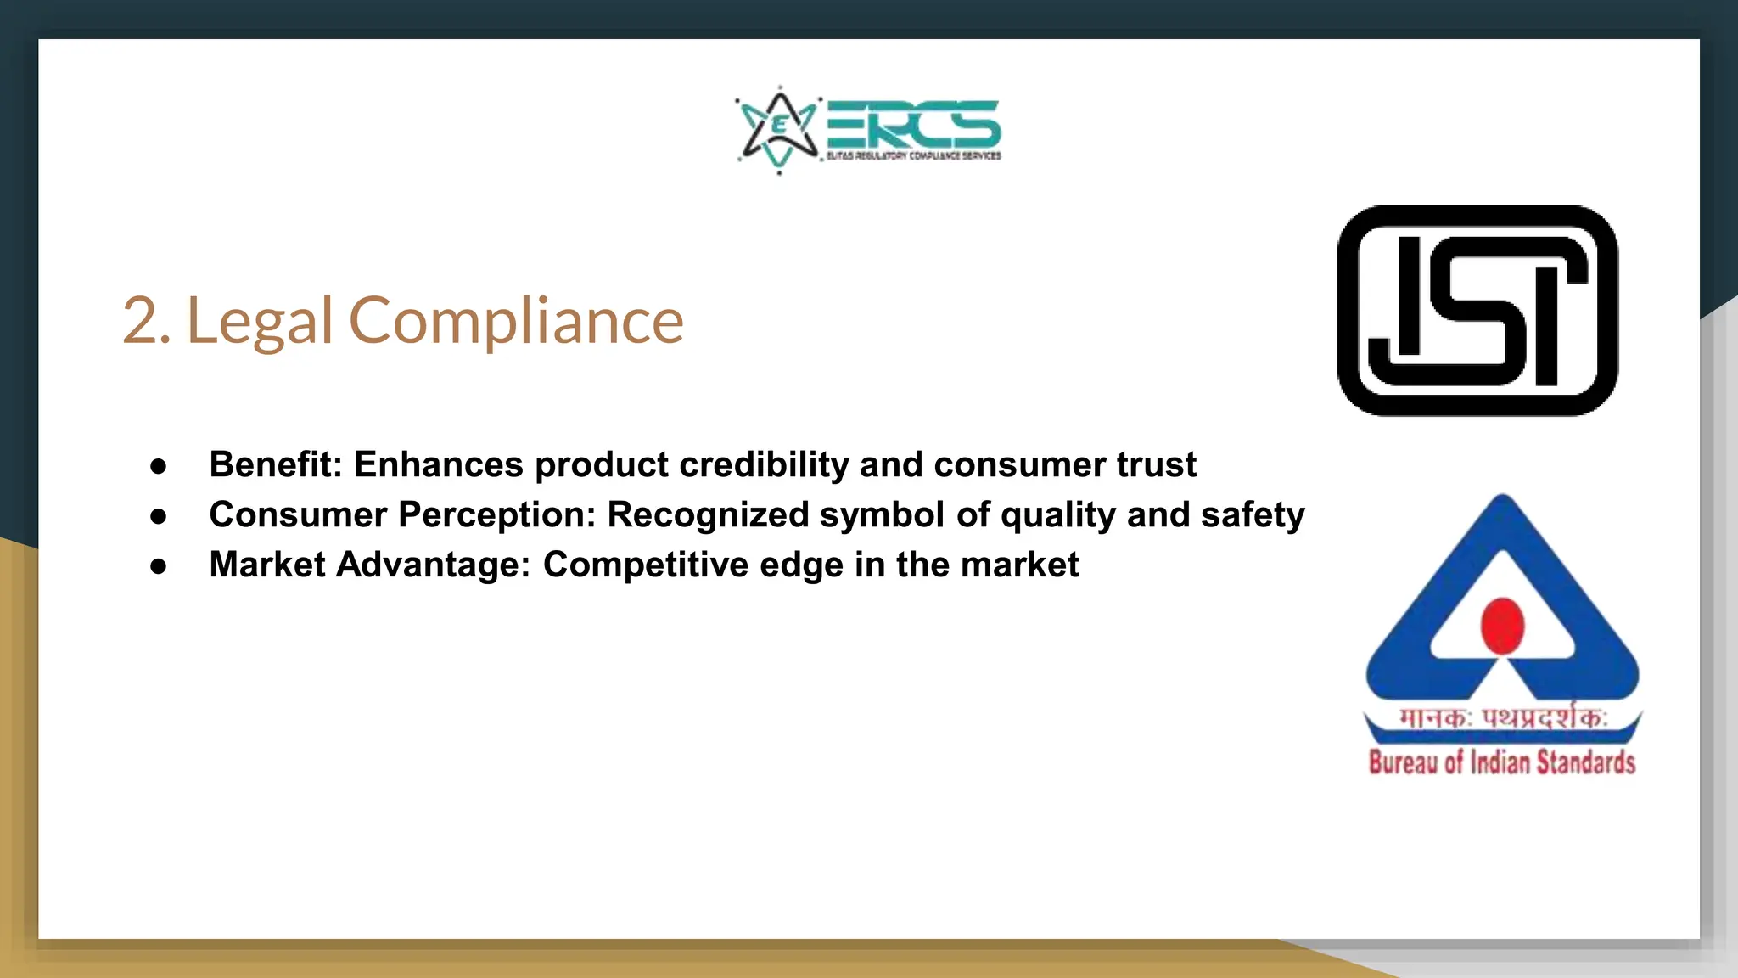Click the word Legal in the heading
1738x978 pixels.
(x=259, y=322)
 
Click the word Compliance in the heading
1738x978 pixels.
(x=516, y=322)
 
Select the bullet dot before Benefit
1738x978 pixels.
(x=159, y=466)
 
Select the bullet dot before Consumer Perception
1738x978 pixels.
(x=159, y=516)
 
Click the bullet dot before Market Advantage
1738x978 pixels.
(x=159, y=566)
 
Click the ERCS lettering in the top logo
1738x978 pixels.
(x=913, y=124)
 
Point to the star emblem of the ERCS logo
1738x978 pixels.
(x=779, y=130)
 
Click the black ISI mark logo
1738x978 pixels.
(x=1477, y=311)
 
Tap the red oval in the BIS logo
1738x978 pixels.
(x=1502, y=626)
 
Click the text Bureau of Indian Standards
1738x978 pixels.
(x=1501, y=762)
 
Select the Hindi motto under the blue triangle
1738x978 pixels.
(x=1502, y=718)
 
